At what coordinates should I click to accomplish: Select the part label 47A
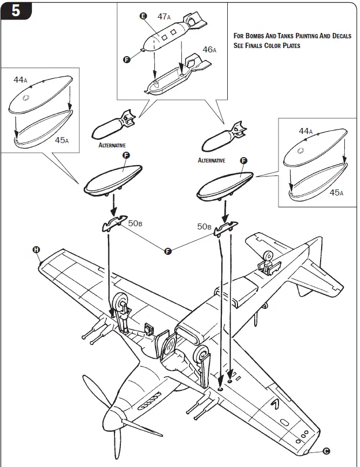[164, 17]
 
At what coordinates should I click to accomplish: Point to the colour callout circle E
[144, 17]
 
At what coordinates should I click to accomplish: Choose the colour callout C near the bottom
[327, 451]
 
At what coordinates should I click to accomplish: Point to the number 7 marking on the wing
[277, 404]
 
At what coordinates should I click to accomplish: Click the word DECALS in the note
[340, 36]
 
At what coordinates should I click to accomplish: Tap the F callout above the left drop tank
[126, 155]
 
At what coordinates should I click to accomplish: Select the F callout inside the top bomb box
[127, 59]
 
